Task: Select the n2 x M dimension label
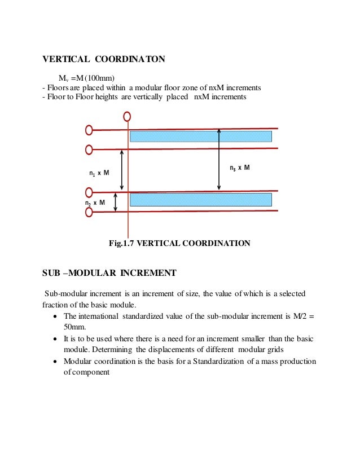[x=95, y=203]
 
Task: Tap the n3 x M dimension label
[x=239, y=168]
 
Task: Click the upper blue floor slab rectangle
[x=201, y=137]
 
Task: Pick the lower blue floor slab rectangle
[x=201, y=199]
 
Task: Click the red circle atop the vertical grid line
[x=128, y=116]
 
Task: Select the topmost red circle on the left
[x=89, y=130]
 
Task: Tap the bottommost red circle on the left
[x=89, y=212]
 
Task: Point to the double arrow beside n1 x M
[x=122, y=170]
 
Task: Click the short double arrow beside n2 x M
[x=116, y=202]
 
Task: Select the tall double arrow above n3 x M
[x=219, y=160]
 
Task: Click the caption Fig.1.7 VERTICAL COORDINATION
[x=179, y=244]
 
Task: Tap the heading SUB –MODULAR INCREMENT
[x=109, y=274]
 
